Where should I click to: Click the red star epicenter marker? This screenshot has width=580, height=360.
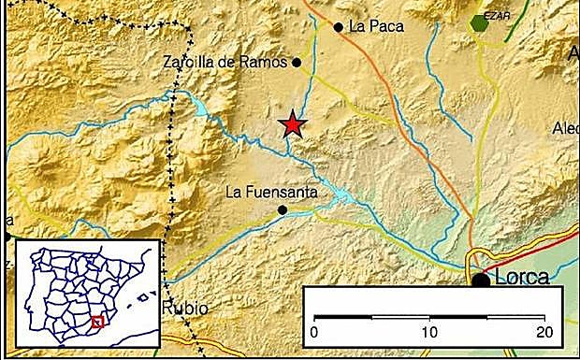[x=294, y=125]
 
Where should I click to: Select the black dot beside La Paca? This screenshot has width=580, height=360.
[x=339, y=27]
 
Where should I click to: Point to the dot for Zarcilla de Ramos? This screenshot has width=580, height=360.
[x=297, y=64]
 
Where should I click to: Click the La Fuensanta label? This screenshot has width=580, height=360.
[x=272, y=193]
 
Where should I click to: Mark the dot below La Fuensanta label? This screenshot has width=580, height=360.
[x=283, y=210]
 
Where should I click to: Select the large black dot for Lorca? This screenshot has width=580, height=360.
[x=481, y=280]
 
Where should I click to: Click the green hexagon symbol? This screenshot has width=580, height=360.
[x=480, y=22]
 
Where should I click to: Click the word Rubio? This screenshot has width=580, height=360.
[x=184, y=309]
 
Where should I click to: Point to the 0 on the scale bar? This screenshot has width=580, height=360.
[x=314, y=331]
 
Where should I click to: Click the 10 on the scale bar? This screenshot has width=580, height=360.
[x=429, y=331]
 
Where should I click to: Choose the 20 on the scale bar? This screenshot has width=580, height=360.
[x=544, y=331]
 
